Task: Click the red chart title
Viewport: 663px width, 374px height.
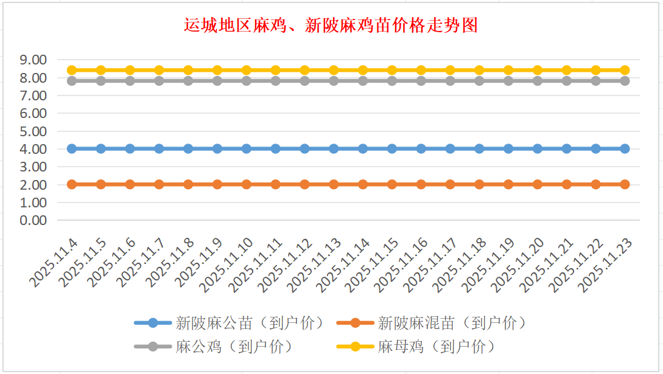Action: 331,25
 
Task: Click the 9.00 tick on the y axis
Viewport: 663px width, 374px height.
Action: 33,60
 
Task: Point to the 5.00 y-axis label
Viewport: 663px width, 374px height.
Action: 33,131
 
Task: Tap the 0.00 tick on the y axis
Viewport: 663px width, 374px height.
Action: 33,220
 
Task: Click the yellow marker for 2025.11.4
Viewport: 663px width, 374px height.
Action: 72,70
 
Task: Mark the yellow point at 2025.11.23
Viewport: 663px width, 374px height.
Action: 625,70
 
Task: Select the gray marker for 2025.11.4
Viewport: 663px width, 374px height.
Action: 72,80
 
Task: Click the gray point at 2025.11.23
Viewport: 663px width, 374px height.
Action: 625,80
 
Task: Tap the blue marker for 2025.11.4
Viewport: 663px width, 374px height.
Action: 72,148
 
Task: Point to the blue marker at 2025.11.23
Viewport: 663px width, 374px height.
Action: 625,148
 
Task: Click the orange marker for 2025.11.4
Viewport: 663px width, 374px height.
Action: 72,184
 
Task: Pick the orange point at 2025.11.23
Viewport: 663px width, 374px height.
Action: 625,184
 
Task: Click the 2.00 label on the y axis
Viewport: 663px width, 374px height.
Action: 33,185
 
